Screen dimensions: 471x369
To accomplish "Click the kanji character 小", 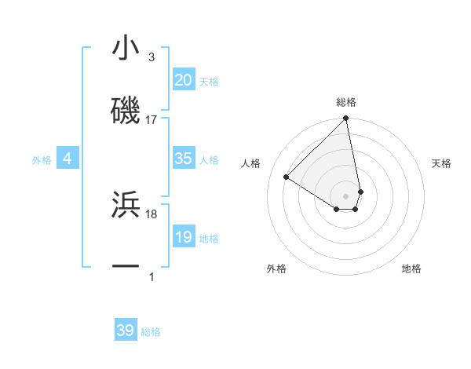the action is pos(126,49).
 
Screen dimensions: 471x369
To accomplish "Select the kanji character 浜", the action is pos(126,204).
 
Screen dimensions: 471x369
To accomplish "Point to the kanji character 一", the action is pos(126,266).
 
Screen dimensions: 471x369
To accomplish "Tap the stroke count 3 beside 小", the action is pos(152,57).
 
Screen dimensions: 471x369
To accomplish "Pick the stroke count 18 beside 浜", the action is pos(152,214).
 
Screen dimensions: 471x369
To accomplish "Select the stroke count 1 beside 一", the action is pos(152,276).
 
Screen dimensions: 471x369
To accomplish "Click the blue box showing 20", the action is pos(183,80).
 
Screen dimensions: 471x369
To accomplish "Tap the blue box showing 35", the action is pos(183,159).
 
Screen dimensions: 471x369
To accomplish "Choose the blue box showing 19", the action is pos(183,237).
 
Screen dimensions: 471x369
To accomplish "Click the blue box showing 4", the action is pos(68,159).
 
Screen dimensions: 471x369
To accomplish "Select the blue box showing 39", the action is pos(126,331).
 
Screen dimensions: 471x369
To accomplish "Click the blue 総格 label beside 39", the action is pos(151,332).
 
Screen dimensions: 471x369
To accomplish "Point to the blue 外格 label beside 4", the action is pos(42,160).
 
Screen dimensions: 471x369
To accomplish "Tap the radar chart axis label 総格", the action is pos(346,102).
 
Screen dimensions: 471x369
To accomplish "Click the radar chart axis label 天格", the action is pos(442,163).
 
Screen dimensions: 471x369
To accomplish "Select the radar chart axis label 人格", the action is pos(251,163).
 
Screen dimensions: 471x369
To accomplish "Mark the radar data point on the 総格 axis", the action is pos(346,119).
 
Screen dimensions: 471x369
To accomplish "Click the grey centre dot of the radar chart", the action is pos(346,195).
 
